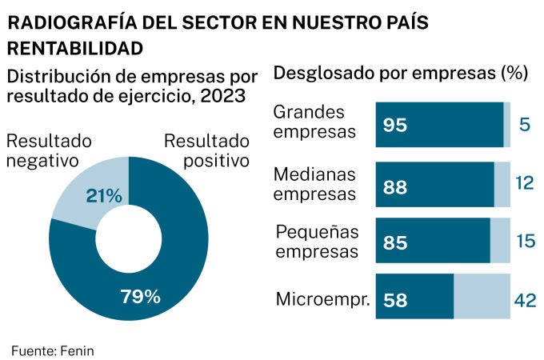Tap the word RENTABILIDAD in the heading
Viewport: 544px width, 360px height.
tap(75, 48)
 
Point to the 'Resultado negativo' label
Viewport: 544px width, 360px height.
tap(49, 150)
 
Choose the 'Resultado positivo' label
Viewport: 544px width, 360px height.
tap(207, 150)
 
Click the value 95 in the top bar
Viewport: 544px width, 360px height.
tap(395, 126)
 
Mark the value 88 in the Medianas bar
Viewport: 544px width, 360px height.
tap(395, 187)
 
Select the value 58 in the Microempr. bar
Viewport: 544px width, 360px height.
tap(395, 301)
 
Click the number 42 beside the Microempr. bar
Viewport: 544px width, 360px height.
tap(524, 300)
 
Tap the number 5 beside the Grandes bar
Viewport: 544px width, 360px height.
tap(525, 125)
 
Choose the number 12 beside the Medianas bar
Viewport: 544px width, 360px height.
tap(524, 184)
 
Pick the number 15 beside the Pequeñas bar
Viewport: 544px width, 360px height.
tap(524, 242)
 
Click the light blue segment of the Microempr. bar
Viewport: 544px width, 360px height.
tap(482, 298)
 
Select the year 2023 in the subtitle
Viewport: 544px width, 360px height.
tap(221, 97)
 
